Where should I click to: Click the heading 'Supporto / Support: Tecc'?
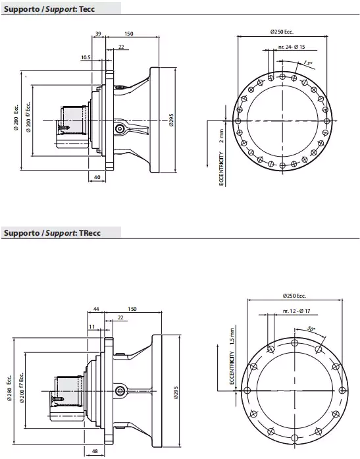[43, 7]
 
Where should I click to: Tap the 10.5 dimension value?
[85, 57]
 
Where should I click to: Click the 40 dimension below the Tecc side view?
[96, 177]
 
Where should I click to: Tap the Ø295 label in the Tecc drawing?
[171, 119]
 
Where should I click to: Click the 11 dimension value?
[91, 326]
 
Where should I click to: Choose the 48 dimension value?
[95, 452]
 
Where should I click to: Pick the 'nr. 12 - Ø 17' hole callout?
[296, 310]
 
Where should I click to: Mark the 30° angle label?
[311, 329]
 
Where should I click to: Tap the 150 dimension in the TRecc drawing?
[132, 309]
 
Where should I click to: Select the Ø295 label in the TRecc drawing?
[176, 393]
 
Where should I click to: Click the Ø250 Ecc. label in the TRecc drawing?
[293, 295]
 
